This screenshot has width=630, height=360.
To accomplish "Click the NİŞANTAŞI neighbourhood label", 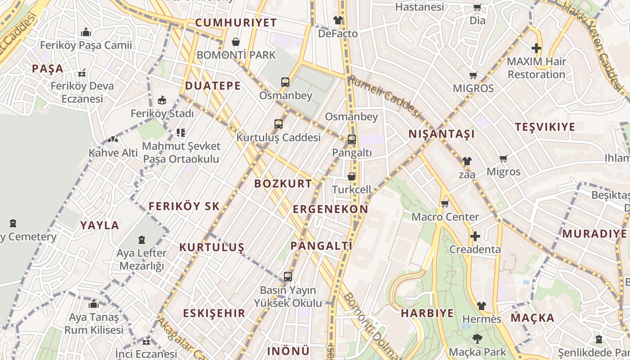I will click(441, 134).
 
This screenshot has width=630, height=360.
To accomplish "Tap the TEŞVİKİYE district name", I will click(545, 127).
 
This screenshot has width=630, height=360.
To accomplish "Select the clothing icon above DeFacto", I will click(337, 20).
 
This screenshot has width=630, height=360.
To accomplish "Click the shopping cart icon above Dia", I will click(477, 8).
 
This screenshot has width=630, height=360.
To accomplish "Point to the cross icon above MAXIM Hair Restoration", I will click(536, 48).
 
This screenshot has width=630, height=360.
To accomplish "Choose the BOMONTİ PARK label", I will click(236, 55).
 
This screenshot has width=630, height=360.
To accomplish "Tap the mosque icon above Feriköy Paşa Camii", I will click(86, 32).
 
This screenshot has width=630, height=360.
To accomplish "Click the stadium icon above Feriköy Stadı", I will click(162, 100).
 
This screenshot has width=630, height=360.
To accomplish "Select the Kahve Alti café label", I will click(113, 153).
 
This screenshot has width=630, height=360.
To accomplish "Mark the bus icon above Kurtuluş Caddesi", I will click(279, 124).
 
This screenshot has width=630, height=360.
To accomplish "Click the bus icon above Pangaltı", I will click(351, 139).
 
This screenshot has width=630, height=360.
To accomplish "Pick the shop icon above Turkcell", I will click(351, 176).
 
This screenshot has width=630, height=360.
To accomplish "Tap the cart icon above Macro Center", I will click(445, 203).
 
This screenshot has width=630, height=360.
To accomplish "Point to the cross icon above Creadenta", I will click(475, 236).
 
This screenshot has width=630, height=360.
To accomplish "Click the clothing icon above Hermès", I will click(481, 306).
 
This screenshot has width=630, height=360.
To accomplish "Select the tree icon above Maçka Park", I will click(477, 338).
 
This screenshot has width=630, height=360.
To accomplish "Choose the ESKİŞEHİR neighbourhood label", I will click(214, 313).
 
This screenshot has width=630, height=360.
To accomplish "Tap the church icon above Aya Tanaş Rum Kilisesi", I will click(94, 304).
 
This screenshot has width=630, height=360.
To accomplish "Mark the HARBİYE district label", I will click(427, 313).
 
